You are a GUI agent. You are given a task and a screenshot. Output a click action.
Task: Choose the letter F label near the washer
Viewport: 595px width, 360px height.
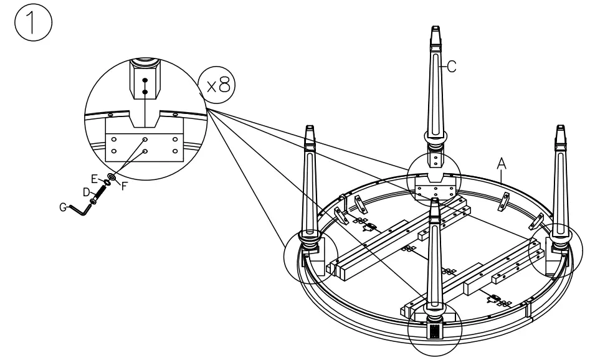click(124, 186)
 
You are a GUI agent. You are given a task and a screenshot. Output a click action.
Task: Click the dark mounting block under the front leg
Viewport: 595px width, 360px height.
click(435, 329)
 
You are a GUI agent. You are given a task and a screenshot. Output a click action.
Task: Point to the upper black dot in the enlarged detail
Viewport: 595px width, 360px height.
click(145, 80)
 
